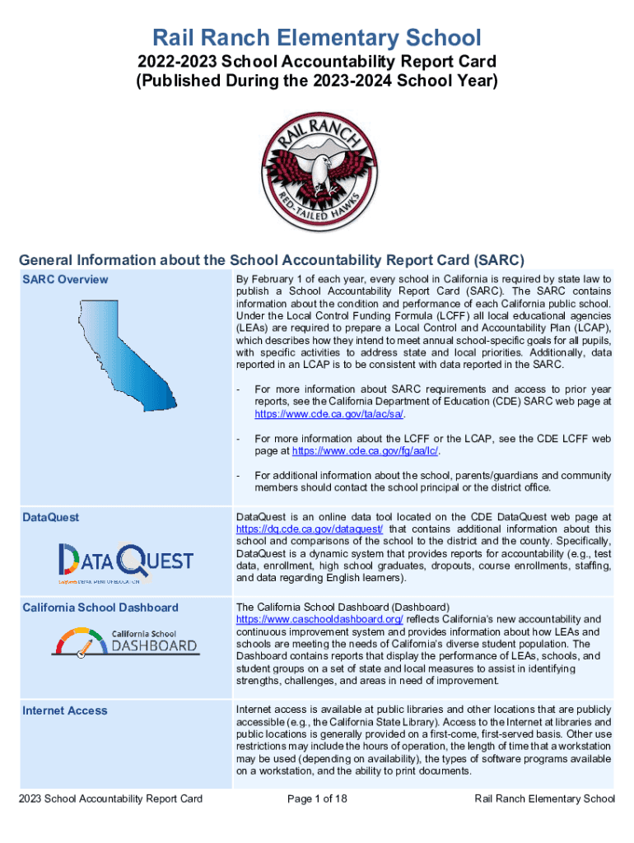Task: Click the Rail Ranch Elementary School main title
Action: click(317, 37)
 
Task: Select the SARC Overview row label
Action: click(65, 279)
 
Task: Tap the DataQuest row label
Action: click(51, 517)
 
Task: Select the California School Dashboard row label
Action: click(100, 608)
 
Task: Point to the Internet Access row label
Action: click(65, 710)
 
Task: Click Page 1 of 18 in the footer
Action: click(317, 799)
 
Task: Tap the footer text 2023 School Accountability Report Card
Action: click(111, 799)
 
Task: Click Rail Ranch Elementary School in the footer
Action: click(545, 799)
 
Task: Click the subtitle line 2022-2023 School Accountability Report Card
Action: click(317, 63)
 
